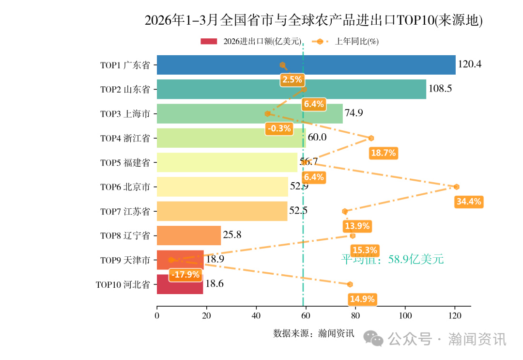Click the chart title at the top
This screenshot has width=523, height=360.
point(314,20)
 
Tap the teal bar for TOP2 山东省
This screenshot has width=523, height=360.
point(291,89)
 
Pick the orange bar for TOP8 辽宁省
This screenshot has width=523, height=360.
point(189,235)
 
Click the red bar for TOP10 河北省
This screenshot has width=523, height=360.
point(180,284)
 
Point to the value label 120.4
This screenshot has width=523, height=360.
point(469,64)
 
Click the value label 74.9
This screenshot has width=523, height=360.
point(354,113)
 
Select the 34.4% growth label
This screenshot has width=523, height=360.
point(469,202)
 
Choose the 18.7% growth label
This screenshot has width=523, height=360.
point(383,153)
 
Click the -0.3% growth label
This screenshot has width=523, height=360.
point(279,128)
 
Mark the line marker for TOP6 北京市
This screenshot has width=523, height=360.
point(456,187)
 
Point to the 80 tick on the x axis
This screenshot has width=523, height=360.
point(355,316)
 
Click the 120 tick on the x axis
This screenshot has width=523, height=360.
point(454,316)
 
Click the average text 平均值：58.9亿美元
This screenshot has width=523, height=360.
point(392,259)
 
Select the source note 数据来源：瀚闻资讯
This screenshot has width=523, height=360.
point(314,333)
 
